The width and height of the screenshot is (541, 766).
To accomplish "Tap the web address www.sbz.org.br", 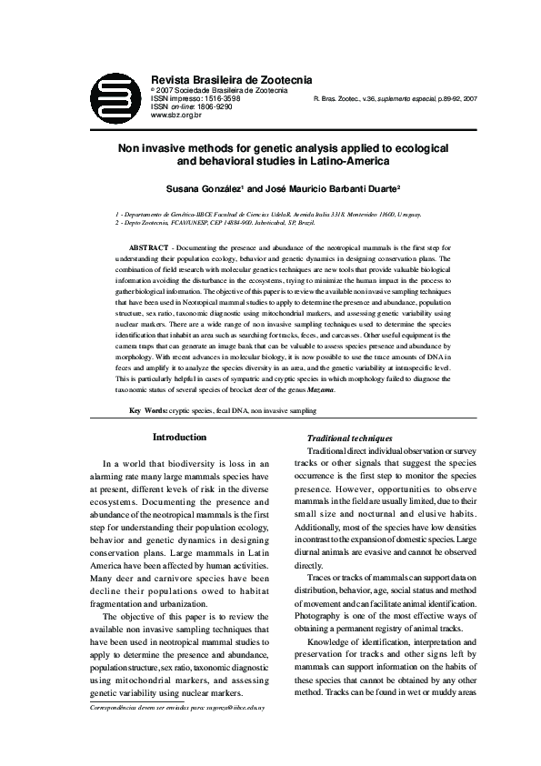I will tap(175, 116).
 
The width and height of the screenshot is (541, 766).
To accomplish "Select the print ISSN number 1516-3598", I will tap(213, 98).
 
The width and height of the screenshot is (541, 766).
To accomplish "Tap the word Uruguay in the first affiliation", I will tap(406, 214).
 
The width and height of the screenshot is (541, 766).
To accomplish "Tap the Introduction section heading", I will tap(179, 438).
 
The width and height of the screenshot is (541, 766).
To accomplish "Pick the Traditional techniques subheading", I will tap(350, 438).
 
